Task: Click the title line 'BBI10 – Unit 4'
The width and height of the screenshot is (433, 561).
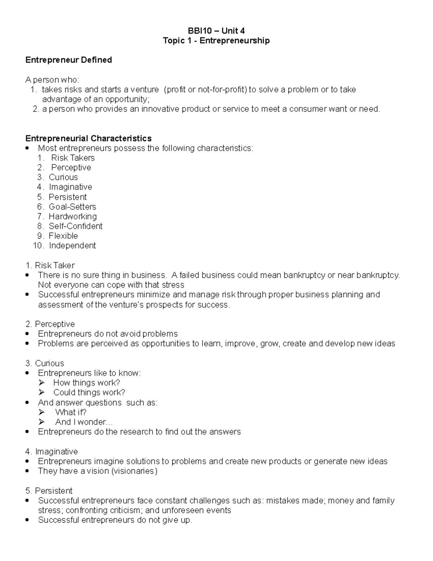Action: pos(216,31)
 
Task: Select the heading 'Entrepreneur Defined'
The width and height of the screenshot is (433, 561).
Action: pos(69,60)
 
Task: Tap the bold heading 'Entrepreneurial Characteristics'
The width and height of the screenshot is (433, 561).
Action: pos(88,138)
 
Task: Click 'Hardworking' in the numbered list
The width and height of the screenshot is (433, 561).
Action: pos(73,216)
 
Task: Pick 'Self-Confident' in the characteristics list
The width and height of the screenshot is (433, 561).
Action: pos(75,226)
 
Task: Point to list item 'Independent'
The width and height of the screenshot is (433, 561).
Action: pos(72,246)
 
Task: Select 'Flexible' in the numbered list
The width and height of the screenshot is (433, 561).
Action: pos(63,236)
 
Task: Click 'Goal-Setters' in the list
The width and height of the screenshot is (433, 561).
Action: pos(72,207)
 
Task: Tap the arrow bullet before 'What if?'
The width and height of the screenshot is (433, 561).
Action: pos(42,412)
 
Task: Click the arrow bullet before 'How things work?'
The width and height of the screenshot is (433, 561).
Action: pos(42,383)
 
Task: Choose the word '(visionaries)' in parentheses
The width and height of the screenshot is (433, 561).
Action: pos(134,471)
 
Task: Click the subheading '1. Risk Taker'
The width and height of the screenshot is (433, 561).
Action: pos(50,266)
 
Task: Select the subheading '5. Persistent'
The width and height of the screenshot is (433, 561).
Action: pos(49,491)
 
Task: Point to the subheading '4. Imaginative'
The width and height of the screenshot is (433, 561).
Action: pos(52,452)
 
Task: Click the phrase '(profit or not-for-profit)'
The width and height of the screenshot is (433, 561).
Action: pos(206,90)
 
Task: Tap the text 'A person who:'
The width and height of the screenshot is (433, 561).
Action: pos(52,80)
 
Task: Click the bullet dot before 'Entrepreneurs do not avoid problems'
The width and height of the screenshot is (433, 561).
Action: pos(28,334)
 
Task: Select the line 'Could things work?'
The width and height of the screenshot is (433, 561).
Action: pos(89,393)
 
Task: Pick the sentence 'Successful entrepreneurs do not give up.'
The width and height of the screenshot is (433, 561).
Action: pos(115,520)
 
